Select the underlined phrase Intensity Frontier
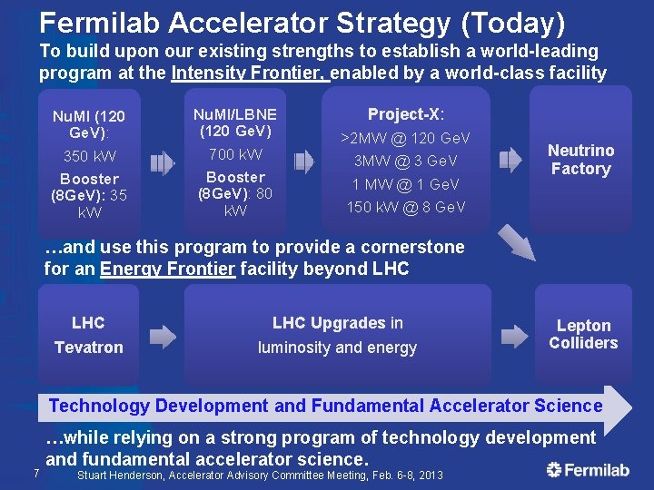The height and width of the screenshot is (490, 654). click(x=249, y=73)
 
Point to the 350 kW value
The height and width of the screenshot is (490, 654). click(x=89, y=156)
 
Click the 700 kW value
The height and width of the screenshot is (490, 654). click(x=235, y=154)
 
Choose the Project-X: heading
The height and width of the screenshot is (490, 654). click(x=405, y=114)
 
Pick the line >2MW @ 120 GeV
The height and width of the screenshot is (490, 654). click(x=405, y=138)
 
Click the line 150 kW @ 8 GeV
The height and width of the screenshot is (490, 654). click(x=405, y=207)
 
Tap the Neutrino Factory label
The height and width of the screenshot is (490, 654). click(x=580, y=160)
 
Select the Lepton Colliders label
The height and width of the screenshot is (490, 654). click(x=583, y=334)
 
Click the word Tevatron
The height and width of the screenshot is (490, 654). click(x=88, y=348)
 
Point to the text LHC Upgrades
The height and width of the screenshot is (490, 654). click(x=329, y=323)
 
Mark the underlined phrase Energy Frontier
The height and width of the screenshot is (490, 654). click(x=167, y=269)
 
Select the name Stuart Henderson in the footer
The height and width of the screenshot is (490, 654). click(x=120, y=475)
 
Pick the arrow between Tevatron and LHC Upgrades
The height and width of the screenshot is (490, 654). click(x=163, y=337)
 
